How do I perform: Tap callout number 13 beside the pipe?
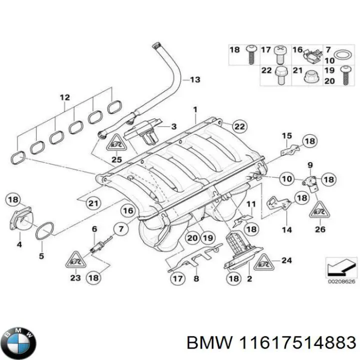coord(194,79)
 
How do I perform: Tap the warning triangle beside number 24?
coord(264,260)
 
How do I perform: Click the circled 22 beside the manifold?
coord(239,126)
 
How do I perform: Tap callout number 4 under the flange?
coord(18,245)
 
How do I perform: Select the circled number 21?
coord(93,203)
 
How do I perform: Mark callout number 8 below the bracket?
coord(196,279)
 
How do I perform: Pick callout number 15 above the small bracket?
coord(285,135)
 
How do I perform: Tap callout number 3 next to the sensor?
coord(174,126)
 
